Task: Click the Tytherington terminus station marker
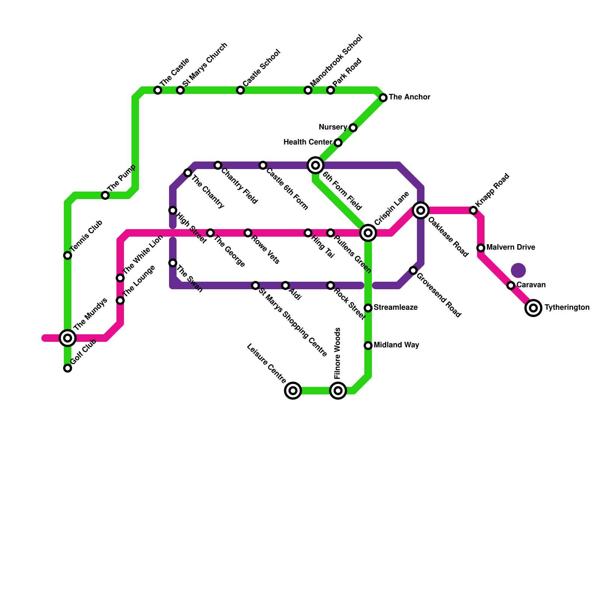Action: [533, 308]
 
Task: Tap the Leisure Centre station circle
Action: [293, 391]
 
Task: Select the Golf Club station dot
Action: [68, 368]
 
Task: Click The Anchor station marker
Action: [383, 98]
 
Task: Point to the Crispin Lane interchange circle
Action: [368, 233]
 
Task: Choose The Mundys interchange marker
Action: [68, 338]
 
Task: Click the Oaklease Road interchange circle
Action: [421, 210]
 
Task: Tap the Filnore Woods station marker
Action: [338, 391]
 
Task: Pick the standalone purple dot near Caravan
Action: [518, 270]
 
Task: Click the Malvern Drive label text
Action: [510, 248]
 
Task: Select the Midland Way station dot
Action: [368, 346]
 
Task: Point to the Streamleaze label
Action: [396, 308]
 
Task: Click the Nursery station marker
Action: [353, 128]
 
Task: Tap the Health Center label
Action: [308, 142]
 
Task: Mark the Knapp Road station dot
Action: [473, 210]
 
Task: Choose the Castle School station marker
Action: [240, 90]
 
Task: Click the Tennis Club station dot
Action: [68, 255]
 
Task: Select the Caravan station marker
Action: [511, 285]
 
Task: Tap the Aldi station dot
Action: [285, 285]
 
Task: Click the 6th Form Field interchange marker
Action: [316, 165]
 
